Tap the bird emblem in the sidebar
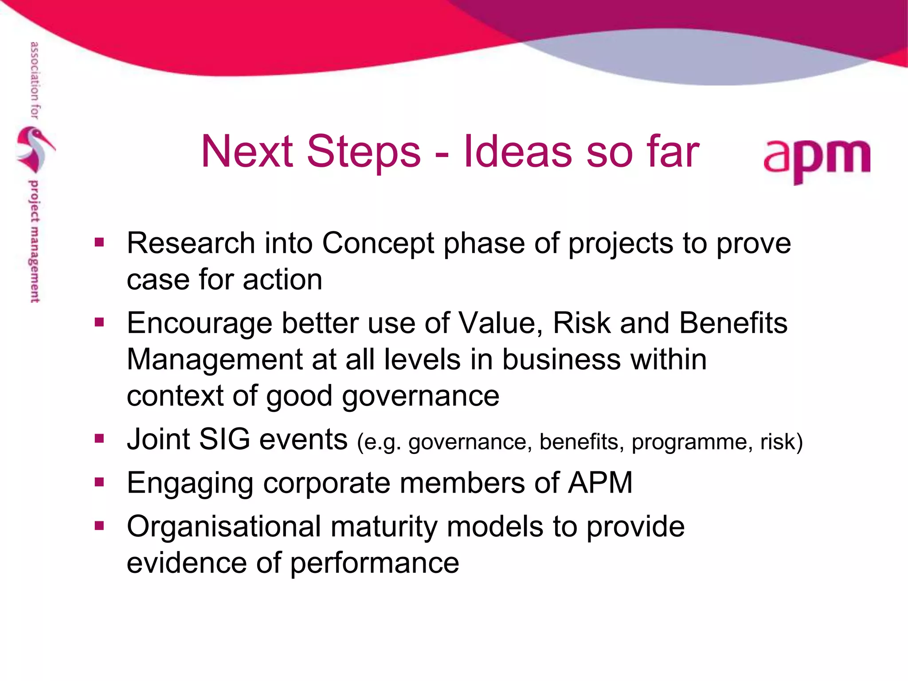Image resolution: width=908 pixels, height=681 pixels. coord(35,149)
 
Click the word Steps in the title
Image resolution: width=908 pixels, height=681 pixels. coord(363,152)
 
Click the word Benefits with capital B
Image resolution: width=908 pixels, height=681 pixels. coord(733,323)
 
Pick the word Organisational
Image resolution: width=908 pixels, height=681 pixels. coord(223,527)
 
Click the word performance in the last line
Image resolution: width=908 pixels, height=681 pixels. coord(375,564)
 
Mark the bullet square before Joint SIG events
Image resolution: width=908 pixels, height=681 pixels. coord(99,439)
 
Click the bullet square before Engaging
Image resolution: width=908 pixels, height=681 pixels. coord(99,482)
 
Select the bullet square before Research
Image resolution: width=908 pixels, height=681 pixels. coord(99,242)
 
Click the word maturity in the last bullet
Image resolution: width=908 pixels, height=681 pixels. coord(384,528)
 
